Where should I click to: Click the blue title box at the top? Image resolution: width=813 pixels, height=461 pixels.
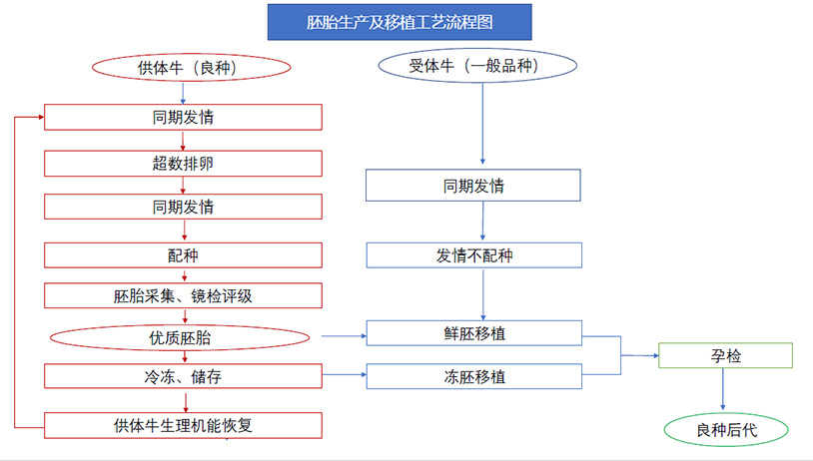pyautogui.click(x=400, y=22)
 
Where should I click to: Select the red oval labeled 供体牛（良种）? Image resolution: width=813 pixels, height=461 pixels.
pyautogui.click(x=192, y=67)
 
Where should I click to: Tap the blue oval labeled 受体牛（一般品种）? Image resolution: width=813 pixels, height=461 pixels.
pyautogui.click(x=477, y=65)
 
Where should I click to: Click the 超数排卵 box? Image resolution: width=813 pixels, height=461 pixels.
pyautogui.click(x=183, y=164)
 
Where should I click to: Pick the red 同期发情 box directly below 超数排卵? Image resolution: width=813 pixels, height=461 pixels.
pyautogui.click(x=183, y=207)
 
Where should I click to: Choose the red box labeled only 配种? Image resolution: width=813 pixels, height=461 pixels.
pyautogui.click(x=183, y=255)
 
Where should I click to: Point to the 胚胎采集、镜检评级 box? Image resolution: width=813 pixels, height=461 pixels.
pyautogui.click(x=183, y=295)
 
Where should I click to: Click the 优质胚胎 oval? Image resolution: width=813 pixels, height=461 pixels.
pyautogui.click(x=180, y=338)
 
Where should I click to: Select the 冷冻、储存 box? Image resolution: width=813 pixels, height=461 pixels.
pyautogui.click(x=183, y=376)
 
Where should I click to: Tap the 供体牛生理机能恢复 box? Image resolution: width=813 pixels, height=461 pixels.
pyautogui.click(x=183, y=425)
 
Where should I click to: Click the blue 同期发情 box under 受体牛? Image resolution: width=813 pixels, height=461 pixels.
pyautogui.click(x=472, y=186)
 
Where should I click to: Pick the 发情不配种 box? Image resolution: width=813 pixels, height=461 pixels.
pyautogui.click(x=473, y=255)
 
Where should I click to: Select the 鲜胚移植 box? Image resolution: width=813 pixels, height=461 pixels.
pyautogui.click(x=473, y=333)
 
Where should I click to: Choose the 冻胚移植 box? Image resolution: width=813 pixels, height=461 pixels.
pyautogui.click(x=473, y=376)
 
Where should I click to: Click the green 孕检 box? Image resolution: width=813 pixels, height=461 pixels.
pyautogui.click(x=725, y=355)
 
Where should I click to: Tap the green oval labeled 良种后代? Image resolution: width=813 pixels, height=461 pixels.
pyautogui.click(x=726, y=429)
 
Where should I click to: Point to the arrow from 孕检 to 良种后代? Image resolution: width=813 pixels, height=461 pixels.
pyautogui.click(x=723, y=389)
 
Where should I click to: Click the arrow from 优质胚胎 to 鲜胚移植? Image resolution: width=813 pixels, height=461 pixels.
pyautogui.click(x=344, y=336)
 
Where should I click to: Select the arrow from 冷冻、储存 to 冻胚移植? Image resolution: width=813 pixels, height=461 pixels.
pyautogui.click(x=345, y=374)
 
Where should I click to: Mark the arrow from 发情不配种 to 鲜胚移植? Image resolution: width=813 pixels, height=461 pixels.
pyautogui.click(x=483, y=294)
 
